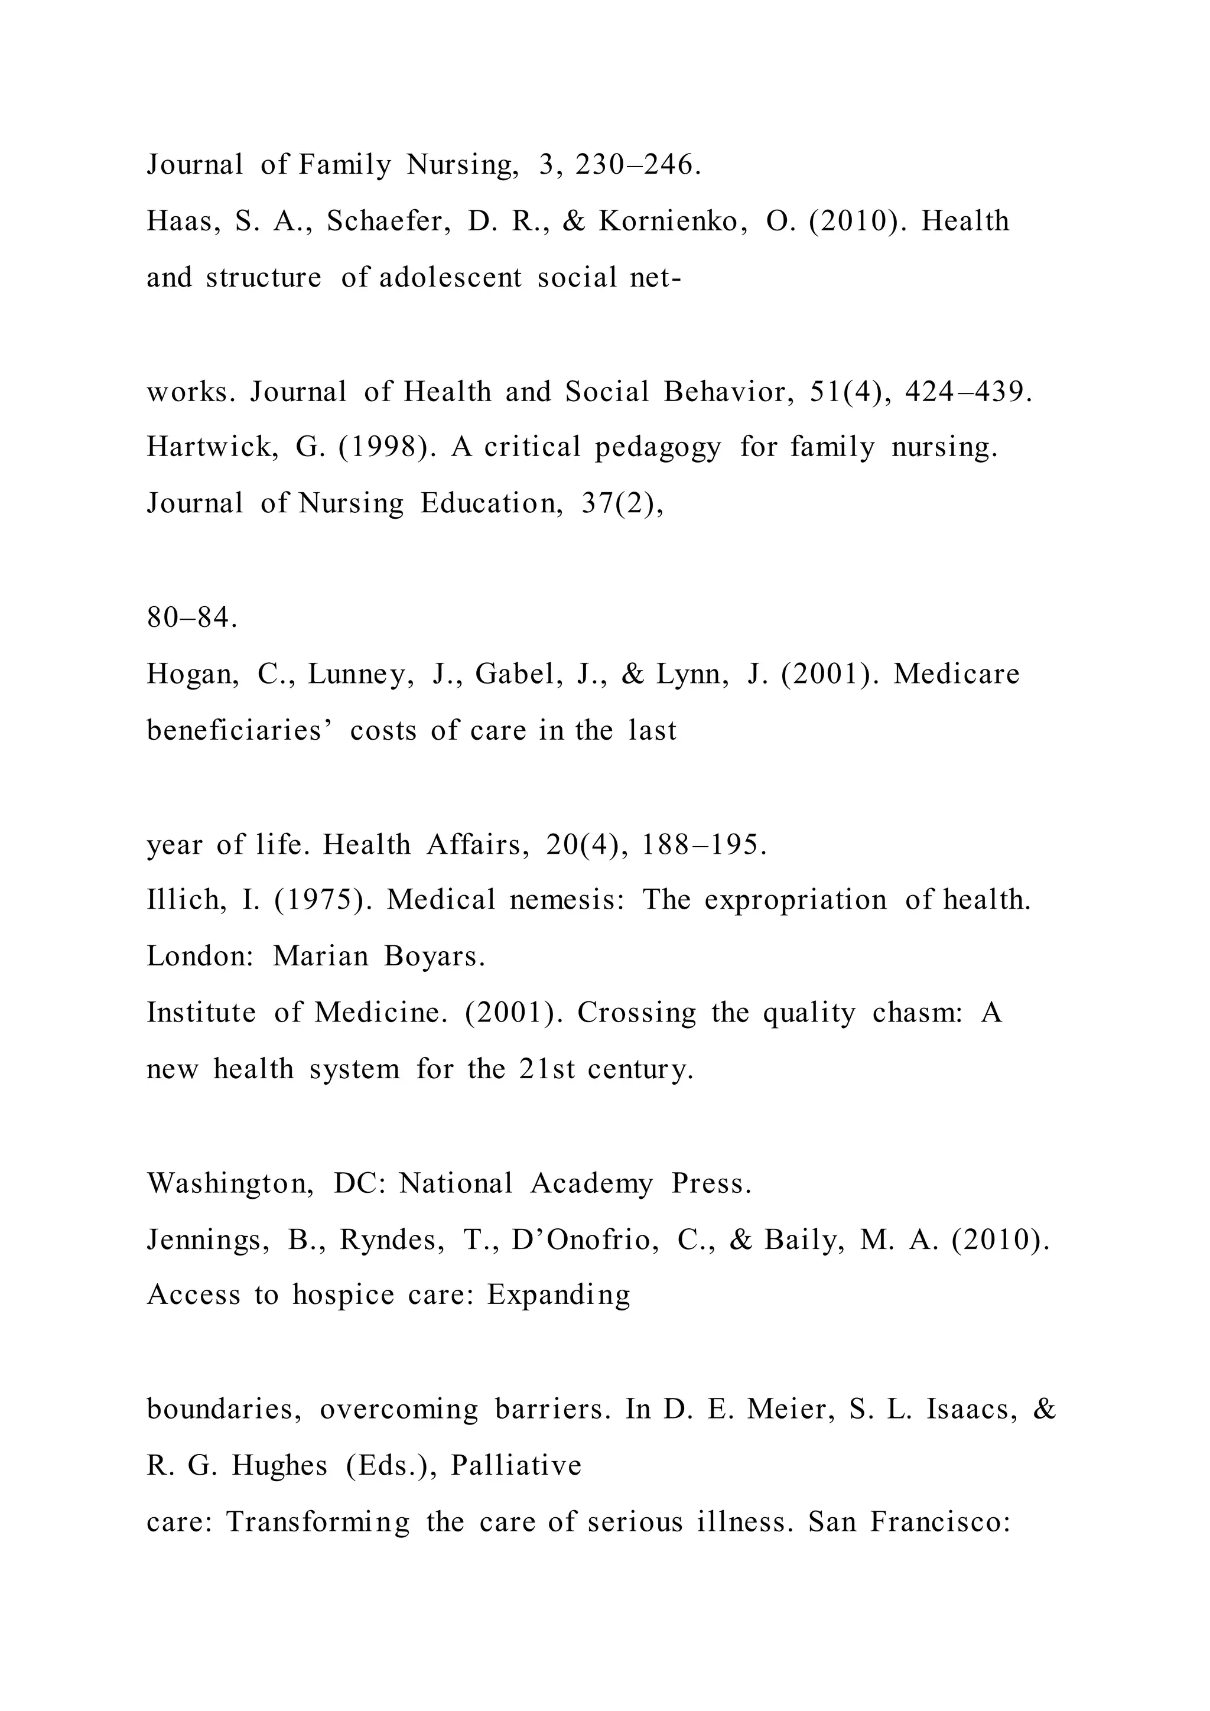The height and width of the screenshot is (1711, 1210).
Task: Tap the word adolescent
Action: tap(451, 278)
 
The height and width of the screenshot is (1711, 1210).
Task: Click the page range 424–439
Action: tap(968, 392)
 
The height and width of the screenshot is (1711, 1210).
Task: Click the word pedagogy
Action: tap(658, 448)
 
